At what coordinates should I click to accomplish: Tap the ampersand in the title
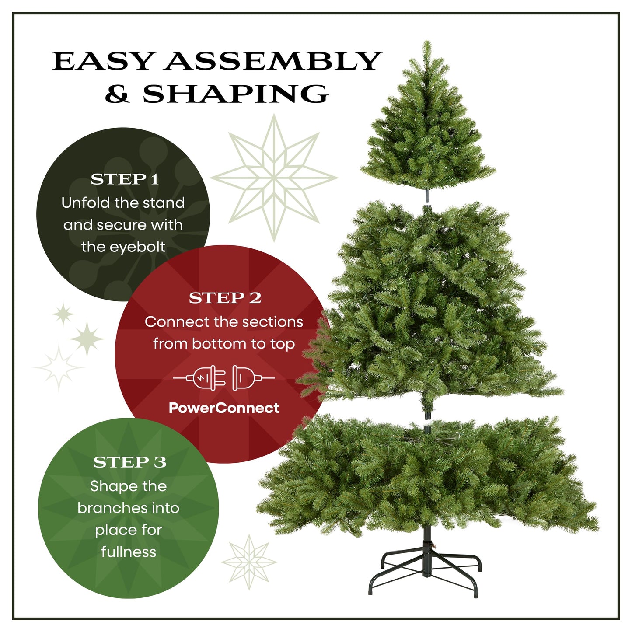(117, 94)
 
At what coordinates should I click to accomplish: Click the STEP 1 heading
(124, 179)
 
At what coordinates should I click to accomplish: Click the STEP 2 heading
(225, 298)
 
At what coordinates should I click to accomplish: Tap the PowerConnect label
(224, 408)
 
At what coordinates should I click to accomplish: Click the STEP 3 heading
(129, 462)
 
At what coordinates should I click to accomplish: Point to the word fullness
(129, 552)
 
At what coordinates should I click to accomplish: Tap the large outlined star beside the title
(274, 178)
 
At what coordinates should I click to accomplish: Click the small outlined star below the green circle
(249, 562)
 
